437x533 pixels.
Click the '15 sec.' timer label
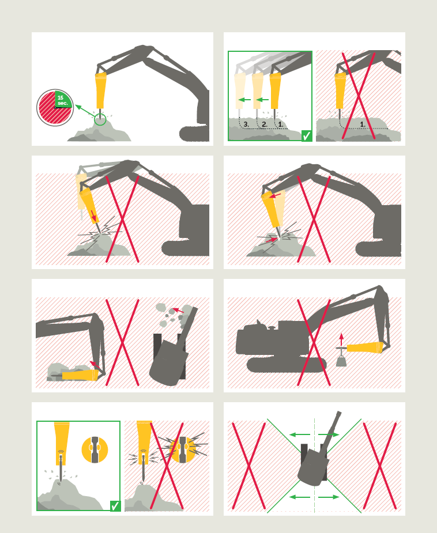coord(63,100)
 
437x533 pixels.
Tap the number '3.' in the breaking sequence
coord(246,124)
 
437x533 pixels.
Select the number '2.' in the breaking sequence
coord(264,124)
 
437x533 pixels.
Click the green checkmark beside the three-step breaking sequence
coord(306,135)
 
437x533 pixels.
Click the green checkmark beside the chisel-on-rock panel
coord(115,506)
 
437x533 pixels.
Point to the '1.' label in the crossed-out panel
coord(363,124)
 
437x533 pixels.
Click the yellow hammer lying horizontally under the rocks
coord(80,375)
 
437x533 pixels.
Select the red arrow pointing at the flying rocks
coord(178,310)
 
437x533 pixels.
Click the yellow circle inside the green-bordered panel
coord(95,449)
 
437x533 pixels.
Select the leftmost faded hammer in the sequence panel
coord(240,91)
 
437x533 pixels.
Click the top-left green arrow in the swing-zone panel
coord(300,434)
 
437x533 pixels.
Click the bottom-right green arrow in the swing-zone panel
coord(329,497)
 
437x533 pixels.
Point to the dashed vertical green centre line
coord(315,465)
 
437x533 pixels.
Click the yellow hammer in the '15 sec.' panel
coord(100,90)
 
